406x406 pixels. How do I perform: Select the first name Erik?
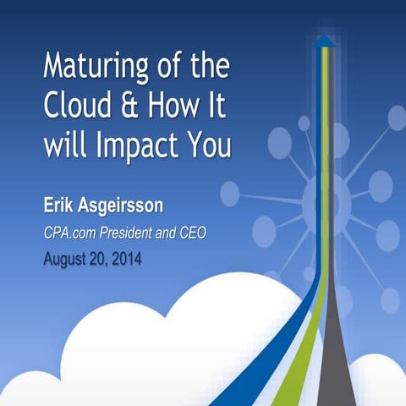[61, 206]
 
